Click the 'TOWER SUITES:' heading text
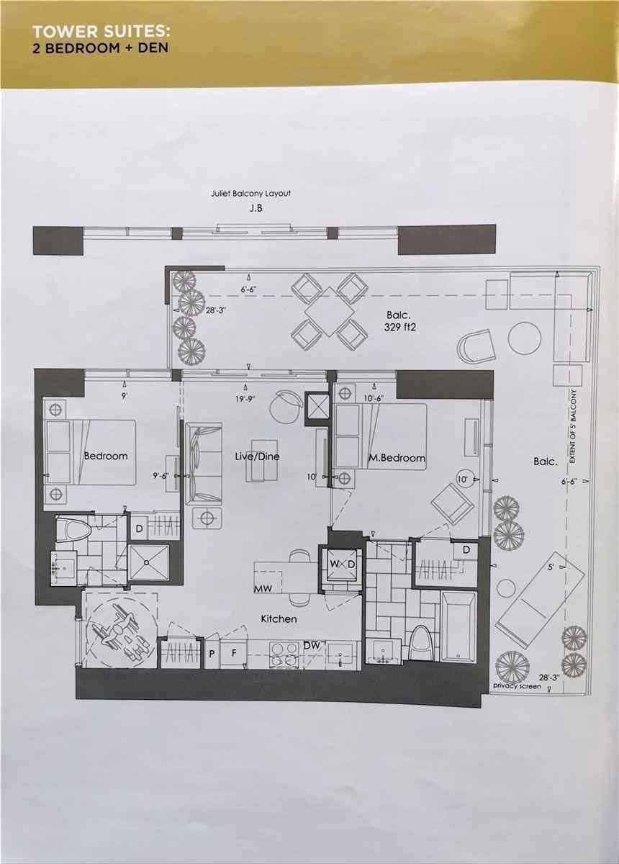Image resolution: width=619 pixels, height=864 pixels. pos(101,32)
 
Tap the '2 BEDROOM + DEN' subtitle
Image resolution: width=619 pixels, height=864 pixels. pos(100,48)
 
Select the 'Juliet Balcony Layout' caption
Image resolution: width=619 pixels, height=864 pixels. pos(250,194)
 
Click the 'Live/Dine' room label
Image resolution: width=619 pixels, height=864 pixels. pos(257,456)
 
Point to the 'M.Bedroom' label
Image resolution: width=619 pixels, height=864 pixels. pos(397,458)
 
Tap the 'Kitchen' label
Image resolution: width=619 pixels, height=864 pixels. pos(279,618)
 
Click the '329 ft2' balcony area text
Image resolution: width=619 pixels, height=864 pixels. pos(400,328)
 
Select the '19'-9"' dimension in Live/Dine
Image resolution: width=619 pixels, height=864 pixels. pos(246,399)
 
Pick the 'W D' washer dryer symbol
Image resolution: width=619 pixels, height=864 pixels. pos(342,564)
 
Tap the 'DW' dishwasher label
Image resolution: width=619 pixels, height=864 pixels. pos(312,645)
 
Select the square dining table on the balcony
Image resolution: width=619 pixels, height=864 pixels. pos(330,311)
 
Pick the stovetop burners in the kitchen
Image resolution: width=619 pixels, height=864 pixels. pos(284,654)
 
